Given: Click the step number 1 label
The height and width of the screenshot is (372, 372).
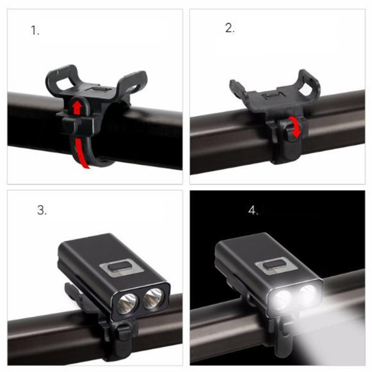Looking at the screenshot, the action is click(x=35, y=31).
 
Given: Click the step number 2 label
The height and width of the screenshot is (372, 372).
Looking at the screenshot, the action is click(x=230, y=28).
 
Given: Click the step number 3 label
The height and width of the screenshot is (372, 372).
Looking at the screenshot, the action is click(x=42, y=210).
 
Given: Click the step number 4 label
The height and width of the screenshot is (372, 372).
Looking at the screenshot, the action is click(x=253, y=210).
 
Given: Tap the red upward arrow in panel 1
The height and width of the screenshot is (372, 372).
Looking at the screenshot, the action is click(x=77, y=107).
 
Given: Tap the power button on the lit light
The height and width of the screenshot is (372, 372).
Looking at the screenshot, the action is click(x=274, y=265).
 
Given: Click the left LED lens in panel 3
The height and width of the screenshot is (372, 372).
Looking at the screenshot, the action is click(x=127, y=304).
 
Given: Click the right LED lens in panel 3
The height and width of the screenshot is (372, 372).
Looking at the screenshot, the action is click(x=153, y=298).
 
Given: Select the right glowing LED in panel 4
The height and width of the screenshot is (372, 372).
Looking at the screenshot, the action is click(x=308, y=294).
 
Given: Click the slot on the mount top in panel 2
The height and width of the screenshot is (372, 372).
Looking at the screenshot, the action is click(x=274, y=95).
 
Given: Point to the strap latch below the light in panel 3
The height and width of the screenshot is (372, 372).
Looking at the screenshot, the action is click(x=124, y=332).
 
